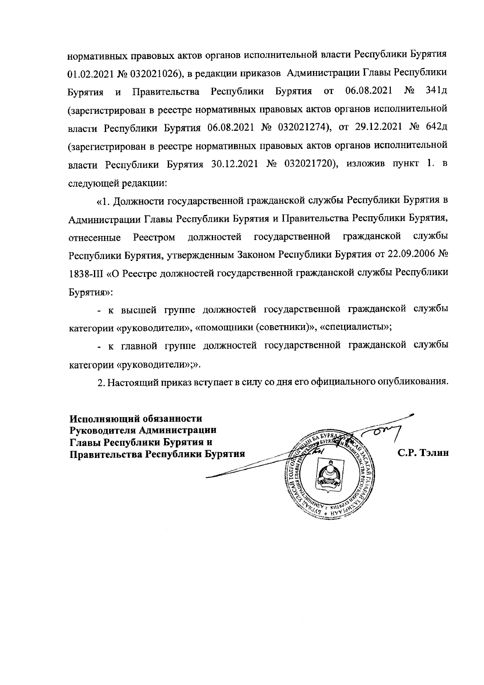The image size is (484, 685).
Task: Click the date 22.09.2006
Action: coord(410,255)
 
